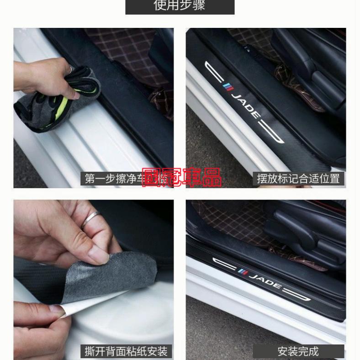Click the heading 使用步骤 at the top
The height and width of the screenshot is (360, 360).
click(x=180, y=6)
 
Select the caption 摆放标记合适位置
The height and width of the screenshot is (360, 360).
click(x=298, y=179)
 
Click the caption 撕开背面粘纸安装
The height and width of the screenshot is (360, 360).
click(x=127, y=351)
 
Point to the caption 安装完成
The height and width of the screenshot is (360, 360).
click(x=298, y=351)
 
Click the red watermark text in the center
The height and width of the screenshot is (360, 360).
click(x=181, y=178)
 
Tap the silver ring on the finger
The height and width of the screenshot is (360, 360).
click(x=91, y=220)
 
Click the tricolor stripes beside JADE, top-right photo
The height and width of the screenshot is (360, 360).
click(x=228, y=87)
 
